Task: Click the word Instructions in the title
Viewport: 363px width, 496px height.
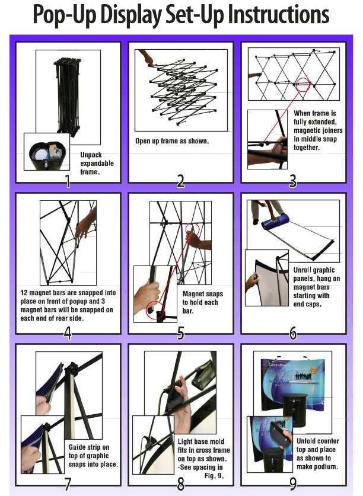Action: click(x=278, y=14)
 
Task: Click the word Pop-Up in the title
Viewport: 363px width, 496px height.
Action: click(x=64, y=15)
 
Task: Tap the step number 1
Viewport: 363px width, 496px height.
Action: click(x=68, y=181)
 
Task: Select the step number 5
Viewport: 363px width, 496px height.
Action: click(x=180, y=333)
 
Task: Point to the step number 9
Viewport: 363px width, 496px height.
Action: click(x=294, y=484)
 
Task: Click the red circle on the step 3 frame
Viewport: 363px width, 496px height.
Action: click(x=303, y=85)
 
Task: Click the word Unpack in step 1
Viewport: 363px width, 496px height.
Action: click(x=91, y=155)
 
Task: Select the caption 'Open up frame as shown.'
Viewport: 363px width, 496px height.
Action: click(x=172, y=141)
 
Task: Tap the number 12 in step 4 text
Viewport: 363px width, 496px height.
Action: click(x=24, y=293)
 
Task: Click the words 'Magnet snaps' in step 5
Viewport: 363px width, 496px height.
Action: click(x=203, y=294)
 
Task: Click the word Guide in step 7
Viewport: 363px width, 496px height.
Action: click(x=77, y=447)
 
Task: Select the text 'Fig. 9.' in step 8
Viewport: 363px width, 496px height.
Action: click(x=214, y=476)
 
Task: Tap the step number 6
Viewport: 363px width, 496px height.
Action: click(x=294, y=333)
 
